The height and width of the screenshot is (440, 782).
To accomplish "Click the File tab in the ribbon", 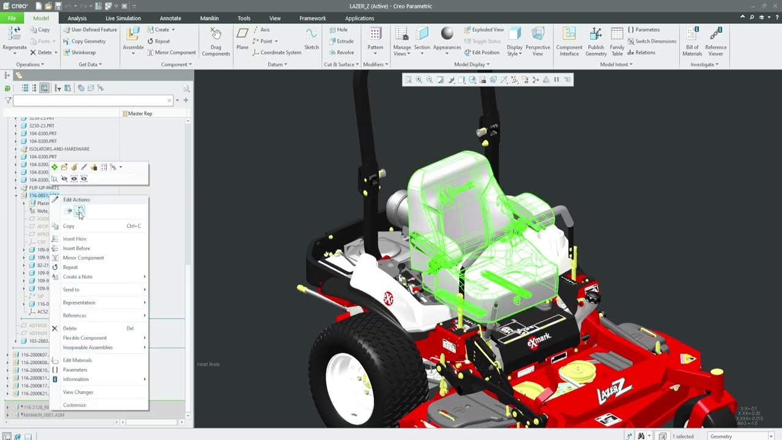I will pyautogui.click(x=12, y=18).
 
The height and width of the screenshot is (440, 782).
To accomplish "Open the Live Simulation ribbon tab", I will pyautogui.click(x=123, y=18).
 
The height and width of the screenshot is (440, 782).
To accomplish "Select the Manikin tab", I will pyautogui.click(x=209, y=18).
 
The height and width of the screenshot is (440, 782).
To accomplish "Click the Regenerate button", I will pyautogui.click(x=15, y=40).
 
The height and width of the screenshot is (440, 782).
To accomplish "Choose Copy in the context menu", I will pyautogui.click(x=68, y=226).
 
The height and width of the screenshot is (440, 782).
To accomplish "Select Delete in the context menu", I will pyautogui.click(x=70, y=328).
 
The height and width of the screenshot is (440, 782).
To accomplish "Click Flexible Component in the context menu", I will pyautogui.click(x=84, y=338).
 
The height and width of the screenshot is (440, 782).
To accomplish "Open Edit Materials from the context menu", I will pyautogui.click(x=77, y=360).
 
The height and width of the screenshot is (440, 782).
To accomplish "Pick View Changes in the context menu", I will pyautogui.click(x=78, y=392).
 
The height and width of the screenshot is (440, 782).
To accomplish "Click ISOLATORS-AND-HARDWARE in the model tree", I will pyautogui.click(x=59, y=149).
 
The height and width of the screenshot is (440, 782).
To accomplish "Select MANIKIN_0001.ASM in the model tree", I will pyautogui.click(x=43, y=415).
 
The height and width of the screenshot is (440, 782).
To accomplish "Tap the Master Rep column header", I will pyautogui.click(x=140, y=114).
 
